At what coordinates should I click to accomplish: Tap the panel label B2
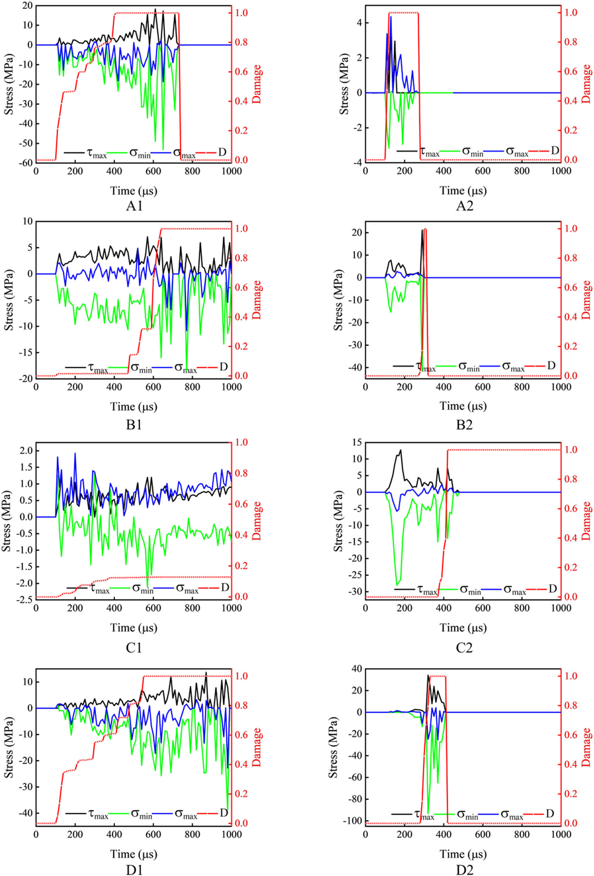(464, 425)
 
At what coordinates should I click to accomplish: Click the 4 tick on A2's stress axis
(359, 23)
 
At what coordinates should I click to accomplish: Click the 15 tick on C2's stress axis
(356, 443)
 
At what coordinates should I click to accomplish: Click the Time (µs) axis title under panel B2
(463, 406)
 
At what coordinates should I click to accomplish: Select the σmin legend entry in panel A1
(140, 153)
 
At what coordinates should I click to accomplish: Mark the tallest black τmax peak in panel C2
(400, 450)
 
